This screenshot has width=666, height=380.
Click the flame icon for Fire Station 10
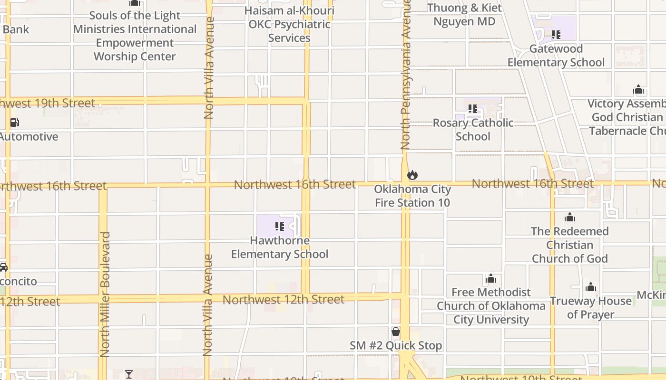tap(412, 175)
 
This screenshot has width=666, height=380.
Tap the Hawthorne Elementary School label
tap(280, 247)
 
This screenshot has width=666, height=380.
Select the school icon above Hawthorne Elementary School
tap(280, 227)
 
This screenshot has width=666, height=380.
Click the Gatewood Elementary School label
tap(556, 56)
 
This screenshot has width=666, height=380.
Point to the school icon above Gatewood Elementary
tap(556, 35)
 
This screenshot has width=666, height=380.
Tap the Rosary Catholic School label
tap(473, 130)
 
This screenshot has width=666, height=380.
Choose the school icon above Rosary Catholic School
tap(472, 109)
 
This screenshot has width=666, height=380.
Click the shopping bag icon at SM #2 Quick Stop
tap(395, 332)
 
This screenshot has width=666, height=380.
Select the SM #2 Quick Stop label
tap(396, 345)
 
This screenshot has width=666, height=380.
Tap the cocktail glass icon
tap(129, 374)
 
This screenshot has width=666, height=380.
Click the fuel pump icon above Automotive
tap(15, 123)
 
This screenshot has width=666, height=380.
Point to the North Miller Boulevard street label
tap(105, 294)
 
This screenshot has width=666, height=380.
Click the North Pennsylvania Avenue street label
tap(406, 76)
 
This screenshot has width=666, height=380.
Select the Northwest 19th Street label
tap(48, 103)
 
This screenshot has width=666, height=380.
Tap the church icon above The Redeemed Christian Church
tap(569, 218)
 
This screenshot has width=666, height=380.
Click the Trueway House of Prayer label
tap(591, 307)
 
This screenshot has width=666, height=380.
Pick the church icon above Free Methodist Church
tap(491, 278)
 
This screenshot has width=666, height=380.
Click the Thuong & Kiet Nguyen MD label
tap(464, 15)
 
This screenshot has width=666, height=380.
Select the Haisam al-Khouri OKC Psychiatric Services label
tap(289, 24)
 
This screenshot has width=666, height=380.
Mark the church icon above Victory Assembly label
tap(638, 90)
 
